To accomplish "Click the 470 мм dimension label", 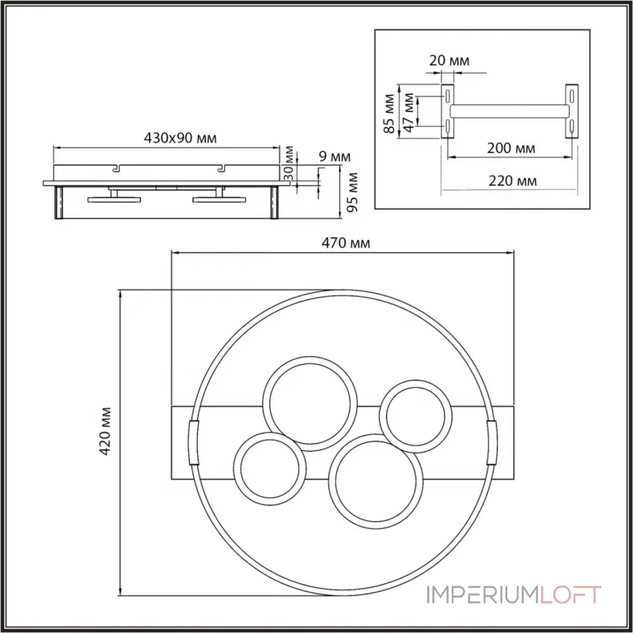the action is pos(346,243).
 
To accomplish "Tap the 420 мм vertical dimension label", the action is pos(105,431).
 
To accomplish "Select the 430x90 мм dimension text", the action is pos(180,138).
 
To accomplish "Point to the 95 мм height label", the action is pos(352,192).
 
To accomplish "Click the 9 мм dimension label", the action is pos(335,156).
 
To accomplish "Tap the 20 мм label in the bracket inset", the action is pos(449,61).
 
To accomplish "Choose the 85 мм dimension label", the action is pos(389,113).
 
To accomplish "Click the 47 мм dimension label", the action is pos(409,112).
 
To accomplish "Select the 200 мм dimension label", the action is pos(511,148).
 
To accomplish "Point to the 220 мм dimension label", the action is pos(513,180).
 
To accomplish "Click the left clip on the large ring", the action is pos(194,443).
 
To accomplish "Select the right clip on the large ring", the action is pos(492,442).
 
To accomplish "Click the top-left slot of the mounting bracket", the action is pos(448,97).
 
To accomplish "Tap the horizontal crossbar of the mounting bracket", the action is pos(510,111).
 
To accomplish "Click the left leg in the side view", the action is pos(59,203).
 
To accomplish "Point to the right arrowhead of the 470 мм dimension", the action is pos(511,252).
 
